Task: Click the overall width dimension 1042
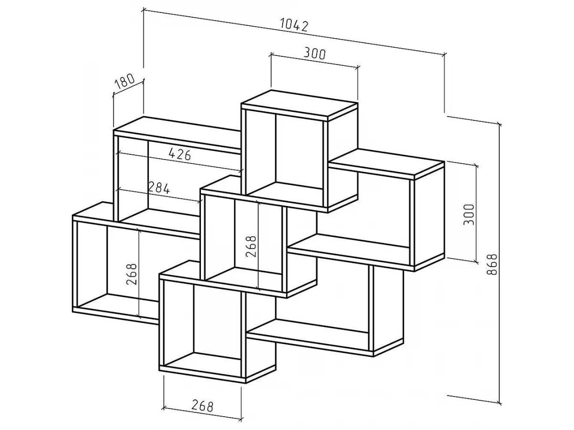click(x=294, y=25)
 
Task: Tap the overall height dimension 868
click(x=493, y=265)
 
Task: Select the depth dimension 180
click(x=124, y=82)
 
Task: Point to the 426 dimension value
click(x=180, y=154)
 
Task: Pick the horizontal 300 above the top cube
click(x=314, y=54)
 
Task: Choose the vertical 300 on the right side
click(x=469, y=215)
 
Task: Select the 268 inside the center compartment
click(x=252, y=247)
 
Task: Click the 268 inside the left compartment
click(x=132, y=275)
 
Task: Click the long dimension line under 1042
click(x=294, y=33)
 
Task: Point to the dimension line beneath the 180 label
click(x=128, y=89)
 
